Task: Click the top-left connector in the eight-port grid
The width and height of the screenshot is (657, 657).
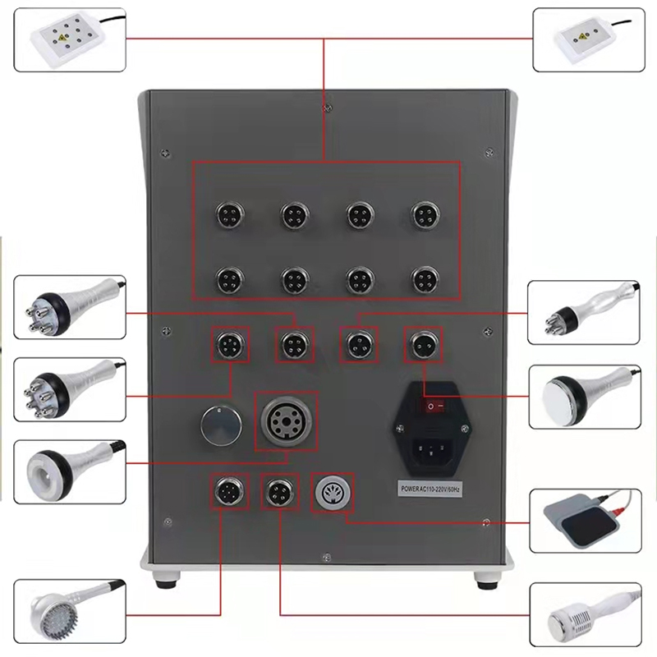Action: point(227,215)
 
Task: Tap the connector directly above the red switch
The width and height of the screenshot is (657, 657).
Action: point(424,343)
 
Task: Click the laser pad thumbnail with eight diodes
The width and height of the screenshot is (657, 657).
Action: point(69,38)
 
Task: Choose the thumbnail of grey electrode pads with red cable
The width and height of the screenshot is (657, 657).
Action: point(584,521)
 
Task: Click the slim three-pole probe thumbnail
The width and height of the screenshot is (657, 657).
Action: point(584,310)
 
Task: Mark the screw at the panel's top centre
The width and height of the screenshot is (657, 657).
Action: point(326,106)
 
